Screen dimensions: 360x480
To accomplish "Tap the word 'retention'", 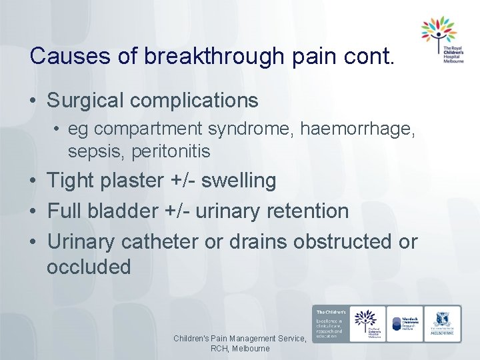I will pyautogui.click(x=307, y=211).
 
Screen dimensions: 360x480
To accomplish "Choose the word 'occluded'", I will pyautogui.click(x=89, y=267).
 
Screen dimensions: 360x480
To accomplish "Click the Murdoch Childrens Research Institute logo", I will pyautogui.click(x=405, y=325).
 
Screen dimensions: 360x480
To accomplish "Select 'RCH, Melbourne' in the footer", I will pyautogui.click(x=240, y=349).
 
